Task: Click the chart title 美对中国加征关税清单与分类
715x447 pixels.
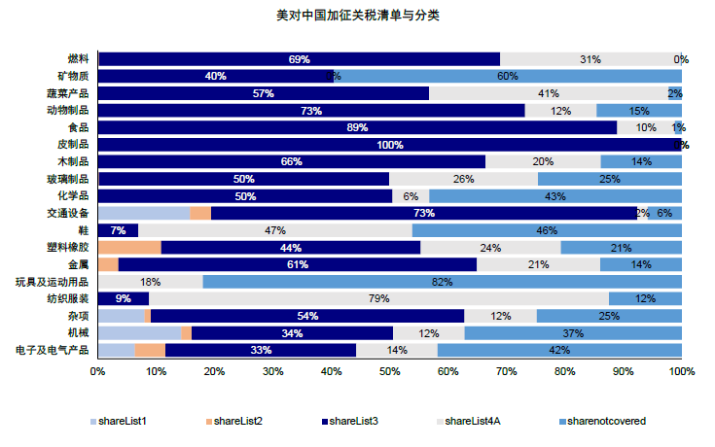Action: [358, 17]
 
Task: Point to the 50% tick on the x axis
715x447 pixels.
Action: [390, 371]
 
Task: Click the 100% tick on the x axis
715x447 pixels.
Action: [681, 371]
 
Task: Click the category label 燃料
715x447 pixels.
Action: [78, 59]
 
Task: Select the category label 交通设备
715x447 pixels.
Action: [67, 213]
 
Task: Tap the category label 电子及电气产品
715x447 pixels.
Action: [54, 350]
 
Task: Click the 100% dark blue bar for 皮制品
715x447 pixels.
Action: [389, 145]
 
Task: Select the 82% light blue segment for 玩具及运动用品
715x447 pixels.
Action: [442, 282]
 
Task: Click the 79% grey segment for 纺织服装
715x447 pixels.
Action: [378, 298]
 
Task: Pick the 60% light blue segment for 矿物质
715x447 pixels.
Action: [507, 76]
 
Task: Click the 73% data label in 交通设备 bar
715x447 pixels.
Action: [423, 213]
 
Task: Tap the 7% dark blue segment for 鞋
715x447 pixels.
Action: [118, 230]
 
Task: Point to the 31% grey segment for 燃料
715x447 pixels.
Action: [590, 59]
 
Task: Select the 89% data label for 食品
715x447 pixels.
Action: [357, 127]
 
